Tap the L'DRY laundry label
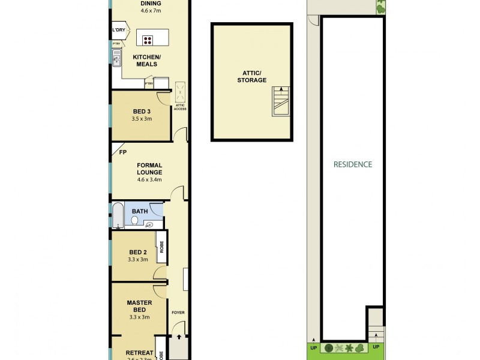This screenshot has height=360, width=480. pos(118,30)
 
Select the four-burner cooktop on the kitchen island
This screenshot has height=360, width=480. pos(147,40)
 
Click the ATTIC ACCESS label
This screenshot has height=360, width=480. pos(180,107)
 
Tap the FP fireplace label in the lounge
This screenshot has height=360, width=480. pos(122,152)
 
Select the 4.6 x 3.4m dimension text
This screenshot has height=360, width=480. pos(149,179)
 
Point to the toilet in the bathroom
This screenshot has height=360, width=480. pos(134,221)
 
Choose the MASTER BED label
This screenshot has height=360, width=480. pos(139,306)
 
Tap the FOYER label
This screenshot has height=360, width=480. pos(178,313)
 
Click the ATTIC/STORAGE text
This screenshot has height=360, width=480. pos(251,76)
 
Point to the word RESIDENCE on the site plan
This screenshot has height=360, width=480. pos(353,164)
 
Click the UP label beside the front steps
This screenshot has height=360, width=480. pos(376,347)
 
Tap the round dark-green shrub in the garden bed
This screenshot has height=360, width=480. pos(329,348)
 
